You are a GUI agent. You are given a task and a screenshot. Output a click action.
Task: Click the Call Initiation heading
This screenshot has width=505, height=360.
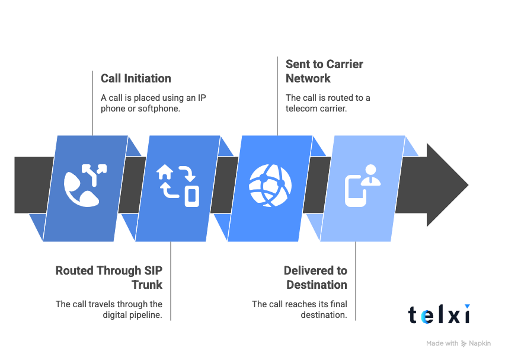coord(136,78)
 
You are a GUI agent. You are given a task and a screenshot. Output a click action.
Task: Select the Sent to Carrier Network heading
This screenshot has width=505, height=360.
coord(324,71)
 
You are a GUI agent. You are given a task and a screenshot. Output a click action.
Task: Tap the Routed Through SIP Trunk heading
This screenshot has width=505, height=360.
coord(109,278)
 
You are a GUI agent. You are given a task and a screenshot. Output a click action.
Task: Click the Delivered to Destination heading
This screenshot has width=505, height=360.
coord(315,278)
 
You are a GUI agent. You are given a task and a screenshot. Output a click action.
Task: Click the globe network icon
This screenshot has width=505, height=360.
coord(270,184)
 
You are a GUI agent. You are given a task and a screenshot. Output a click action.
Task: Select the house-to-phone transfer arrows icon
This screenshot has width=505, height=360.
coord(177,186)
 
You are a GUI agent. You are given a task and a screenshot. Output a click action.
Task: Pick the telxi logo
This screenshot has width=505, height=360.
coord(439,314)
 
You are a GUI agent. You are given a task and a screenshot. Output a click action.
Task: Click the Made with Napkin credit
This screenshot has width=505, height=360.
coord(458,343)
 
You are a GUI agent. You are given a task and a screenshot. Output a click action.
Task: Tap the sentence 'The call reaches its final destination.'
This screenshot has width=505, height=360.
coord(299,310)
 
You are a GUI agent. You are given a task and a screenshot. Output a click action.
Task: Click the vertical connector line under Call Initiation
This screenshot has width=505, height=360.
coord(93,104)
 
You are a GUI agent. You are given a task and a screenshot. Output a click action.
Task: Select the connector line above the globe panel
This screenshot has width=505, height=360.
coord(278,98)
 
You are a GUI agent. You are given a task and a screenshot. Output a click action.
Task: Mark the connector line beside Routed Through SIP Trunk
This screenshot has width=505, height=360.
coord(171,282)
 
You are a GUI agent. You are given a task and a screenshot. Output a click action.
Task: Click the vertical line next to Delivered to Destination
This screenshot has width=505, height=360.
coord(356,282)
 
